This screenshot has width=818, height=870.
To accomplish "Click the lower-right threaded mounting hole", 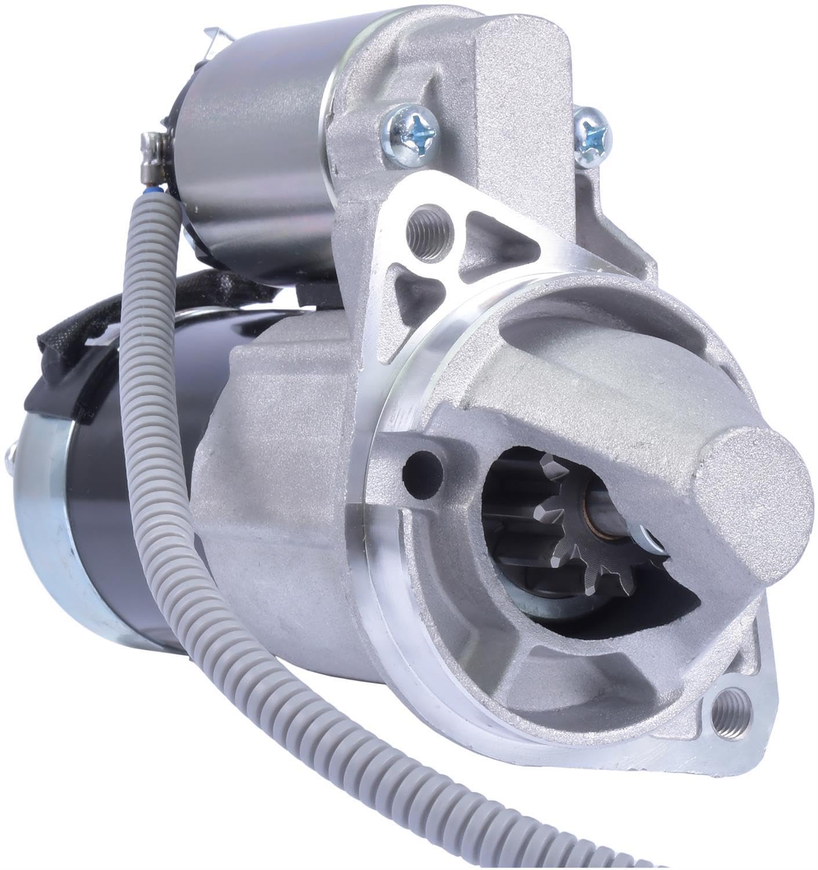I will [730, 710].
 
